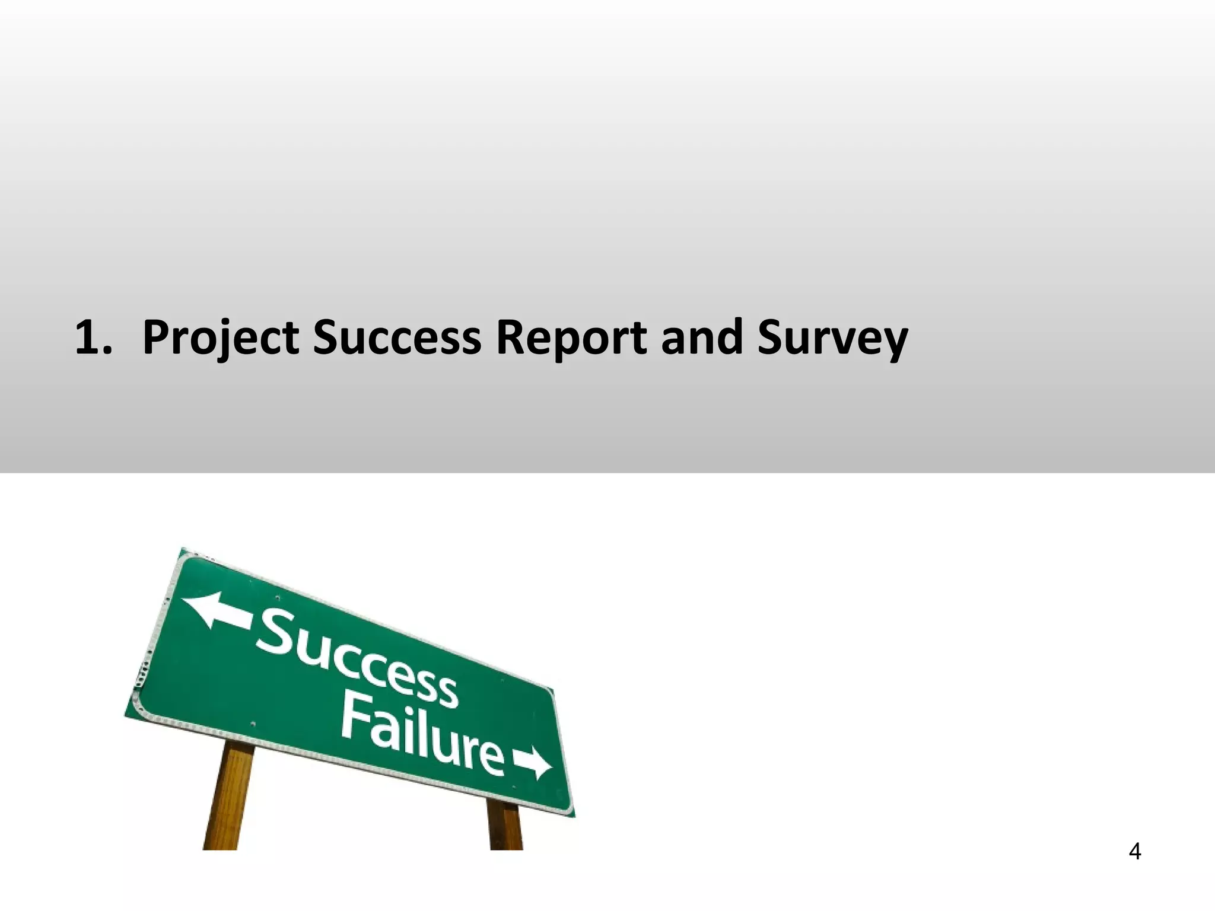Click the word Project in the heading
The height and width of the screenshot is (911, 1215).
point(220,338)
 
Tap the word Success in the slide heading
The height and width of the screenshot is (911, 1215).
point(397,338)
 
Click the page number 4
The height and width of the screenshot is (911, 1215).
point(1134,852)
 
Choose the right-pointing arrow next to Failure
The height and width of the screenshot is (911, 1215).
point(532,763)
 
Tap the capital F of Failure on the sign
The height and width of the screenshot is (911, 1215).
point(357,719)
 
